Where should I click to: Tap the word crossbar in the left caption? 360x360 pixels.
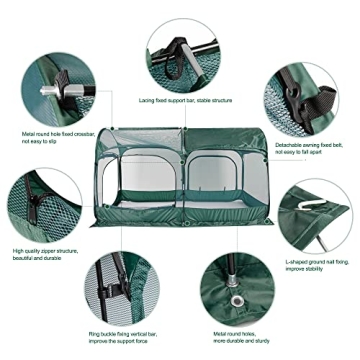pos(75,130)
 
